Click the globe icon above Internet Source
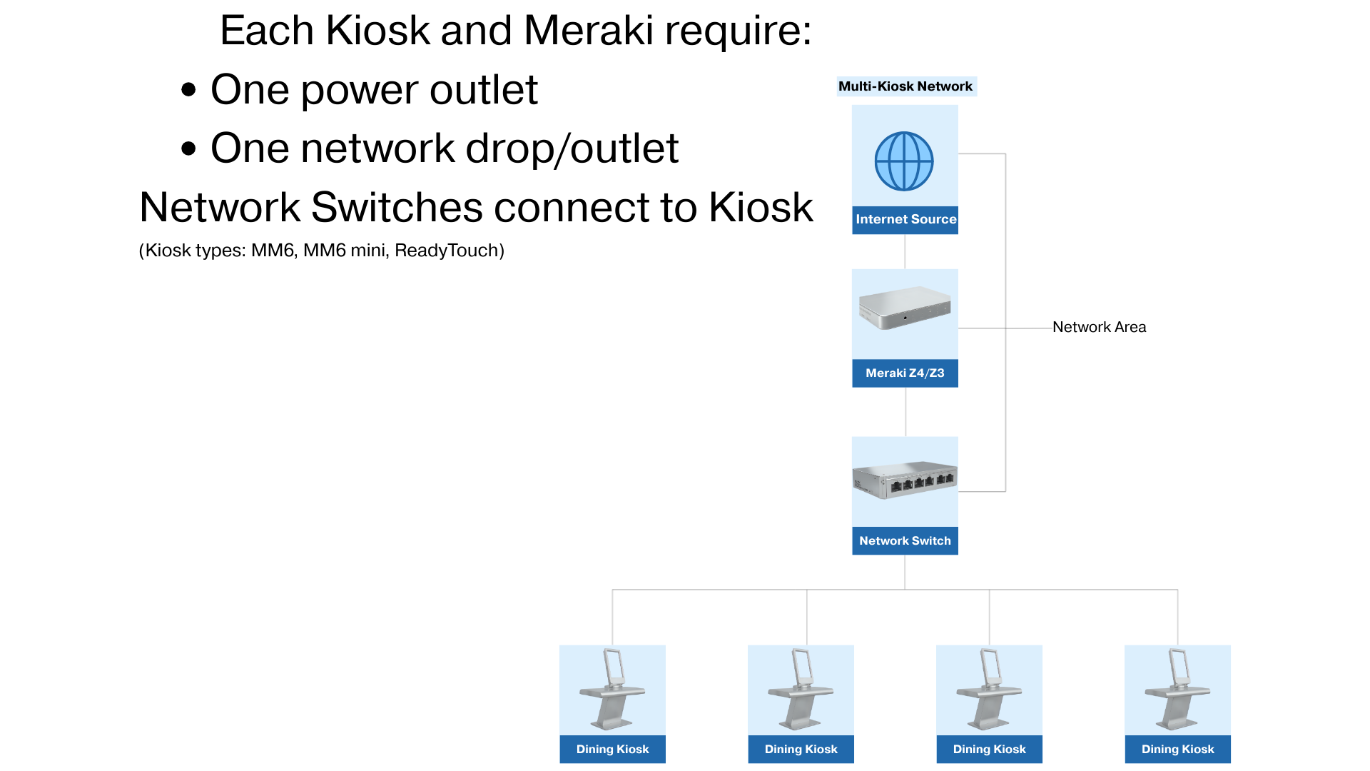pos(904,161)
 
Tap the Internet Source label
pos(905,220)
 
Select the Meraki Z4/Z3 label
pos(905,373)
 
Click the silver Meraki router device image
pos(905,308)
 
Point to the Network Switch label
pos(905,541)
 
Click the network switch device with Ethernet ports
pos(905,480)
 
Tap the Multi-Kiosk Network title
pos(905,86)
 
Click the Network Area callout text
pos(1099,327)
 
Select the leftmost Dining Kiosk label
pos(612,750)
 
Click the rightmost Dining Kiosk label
pos(1177,750)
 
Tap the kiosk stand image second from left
pos(801,690)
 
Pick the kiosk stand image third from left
pos(989,690)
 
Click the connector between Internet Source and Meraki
pos(905,251)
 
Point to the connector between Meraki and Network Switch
pos(905,412)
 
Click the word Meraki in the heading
pos(588,31)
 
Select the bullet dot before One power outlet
pos(188,91)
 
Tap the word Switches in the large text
pos(397,208)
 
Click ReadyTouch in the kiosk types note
pos(449,251)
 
